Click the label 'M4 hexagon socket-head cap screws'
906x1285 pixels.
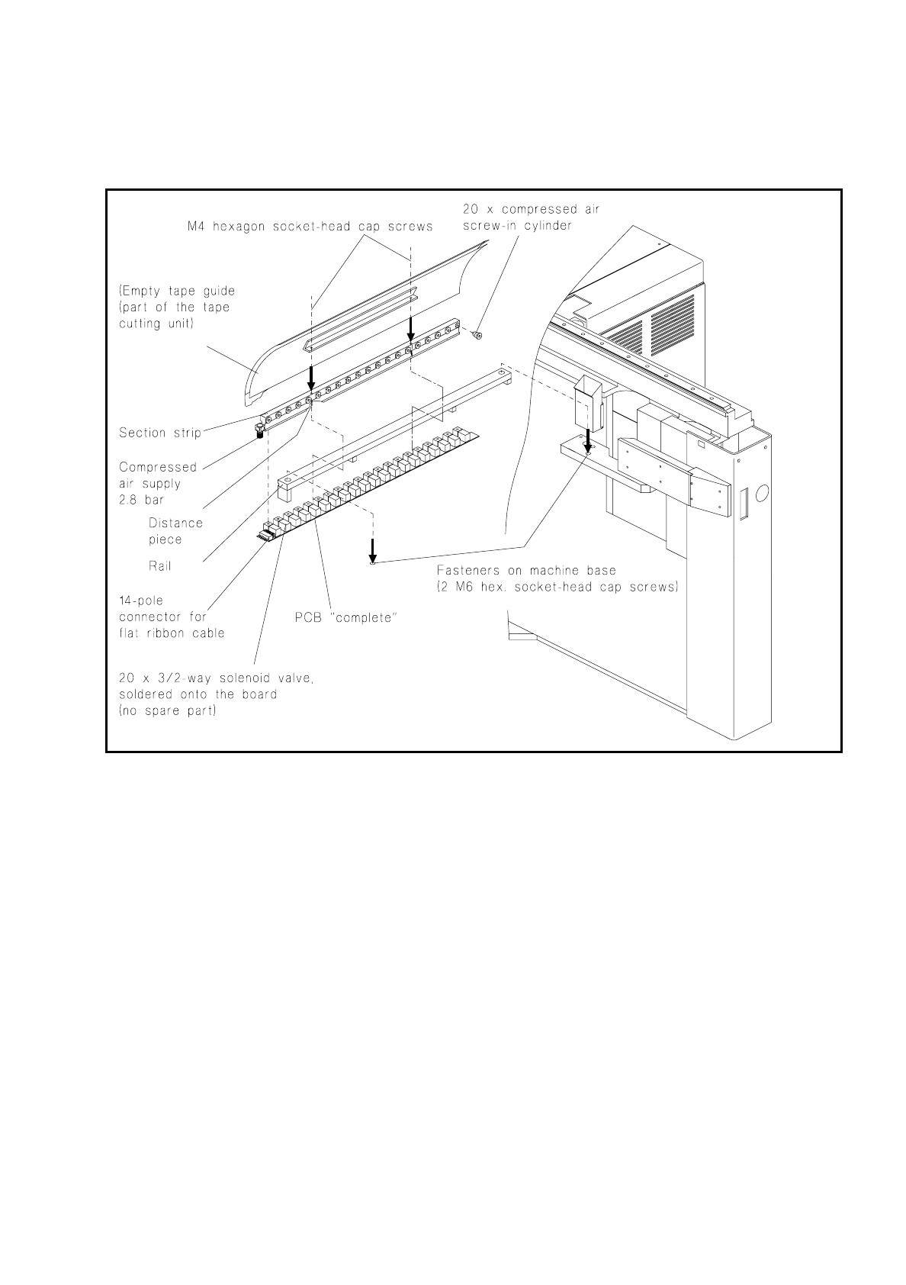[x=310, y=227]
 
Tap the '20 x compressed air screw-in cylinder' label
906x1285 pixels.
[x=531, y=217]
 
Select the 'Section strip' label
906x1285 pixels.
[x=160, y=433]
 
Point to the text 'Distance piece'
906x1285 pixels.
[x=175, y=531]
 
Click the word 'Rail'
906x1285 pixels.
[x=160, y=566]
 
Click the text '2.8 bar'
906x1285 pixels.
[x=141, y=500]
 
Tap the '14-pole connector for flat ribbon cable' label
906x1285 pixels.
[x=172, y=617]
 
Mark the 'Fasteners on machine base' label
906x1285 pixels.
[x=526, y=571]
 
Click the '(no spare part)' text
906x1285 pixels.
[x=168, y=711]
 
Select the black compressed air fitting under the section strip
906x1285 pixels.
[x=260, y=433]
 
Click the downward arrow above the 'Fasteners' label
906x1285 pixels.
[x=372, y=549]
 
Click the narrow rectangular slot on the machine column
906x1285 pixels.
[x=738, y=504]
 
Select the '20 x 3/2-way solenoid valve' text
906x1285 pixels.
[x=216, y=678]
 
